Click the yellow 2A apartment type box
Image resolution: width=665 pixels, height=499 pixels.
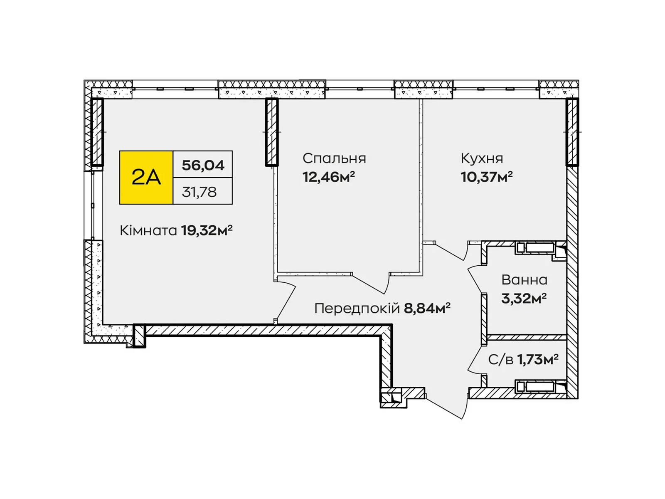point(146,178)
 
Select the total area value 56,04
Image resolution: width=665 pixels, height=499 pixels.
point(203,165)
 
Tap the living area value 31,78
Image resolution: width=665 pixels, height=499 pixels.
point(199,192)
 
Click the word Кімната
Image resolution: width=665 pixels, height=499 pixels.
point(148,230)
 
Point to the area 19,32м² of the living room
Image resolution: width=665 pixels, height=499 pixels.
point(207,230)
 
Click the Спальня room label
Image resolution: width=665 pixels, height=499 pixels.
point(334,158)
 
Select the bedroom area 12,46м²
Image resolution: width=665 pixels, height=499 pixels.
point(328,178)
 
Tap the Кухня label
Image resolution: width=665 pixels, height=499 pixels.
point(482,158)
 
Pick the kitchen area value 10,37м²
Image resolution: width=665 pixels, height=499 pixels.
point(486,178)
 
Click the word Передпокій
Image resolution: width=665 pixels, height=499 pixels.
point(357,309)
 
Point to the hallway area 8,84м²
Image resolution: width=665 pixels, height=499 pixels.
point(427,309)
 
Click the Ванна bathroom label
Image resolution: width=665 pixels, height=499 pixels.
point(524,280)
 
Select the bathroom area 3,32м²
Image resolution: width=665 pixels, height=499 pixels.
point(524,299)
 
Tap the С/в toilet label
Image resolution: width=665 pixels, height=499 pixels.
point(500,360)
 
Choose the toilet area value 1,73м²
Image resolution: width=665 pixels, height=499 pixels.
point(537,360)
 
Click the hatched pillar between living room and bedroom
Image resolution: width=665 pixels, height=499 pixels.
point(272,132)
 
